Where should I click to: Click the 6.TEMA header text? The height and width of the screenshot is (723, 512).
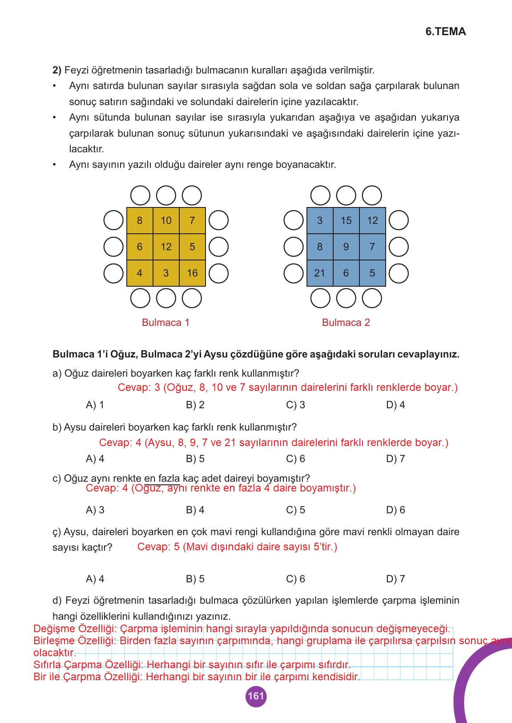(445, 32)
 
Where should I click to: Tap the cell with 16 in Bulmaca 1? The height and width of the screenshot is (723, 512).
(192, 273)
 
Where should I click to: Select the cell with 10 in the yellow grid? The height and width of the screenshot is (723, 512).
(166, 220)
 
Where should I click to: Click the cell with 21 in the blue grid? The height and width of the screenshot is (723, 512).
(319, 273)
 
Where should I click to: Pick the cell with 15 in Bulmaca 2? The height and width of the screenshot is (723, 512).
(346, 220)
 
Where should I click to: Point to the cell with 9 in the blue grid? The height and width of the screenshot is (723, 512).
(346, 247)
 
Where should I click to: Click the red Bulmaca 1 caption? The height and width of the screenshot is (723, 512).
(165, 322)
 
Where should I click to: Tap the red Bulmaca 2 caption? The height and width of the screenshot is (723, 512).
(346, 322)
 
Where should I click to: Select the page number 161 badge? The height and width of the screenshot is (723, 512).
(256, 696)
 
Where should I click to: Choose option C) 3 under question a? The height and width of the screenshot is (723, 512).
(295, 405)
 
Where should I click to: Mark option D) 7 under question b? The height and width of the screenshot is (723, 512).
(395, 459)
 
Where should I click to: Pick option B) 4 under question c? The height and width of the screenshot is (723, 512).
(195, 510)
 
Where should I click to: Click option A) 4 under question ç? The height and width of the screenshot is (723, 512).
(95, 579)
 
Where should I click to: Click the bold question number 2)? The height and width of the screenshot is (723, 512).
(57, 70)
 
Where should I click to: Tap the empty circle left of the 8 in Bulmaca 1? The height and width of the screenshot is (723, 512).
(113, 220)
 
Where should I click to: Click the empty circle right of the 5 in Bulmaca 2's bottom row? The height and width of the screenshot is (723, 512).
(399, 273)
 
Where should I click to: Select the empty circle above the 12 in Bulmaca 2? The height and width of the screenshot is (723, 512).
(372, 195)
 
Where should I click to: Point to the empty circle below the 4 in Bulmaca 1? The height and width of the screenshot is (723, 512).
(140, 298)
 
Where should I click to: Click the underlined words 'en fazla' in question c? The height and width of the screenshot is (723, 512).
(162, 478)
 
